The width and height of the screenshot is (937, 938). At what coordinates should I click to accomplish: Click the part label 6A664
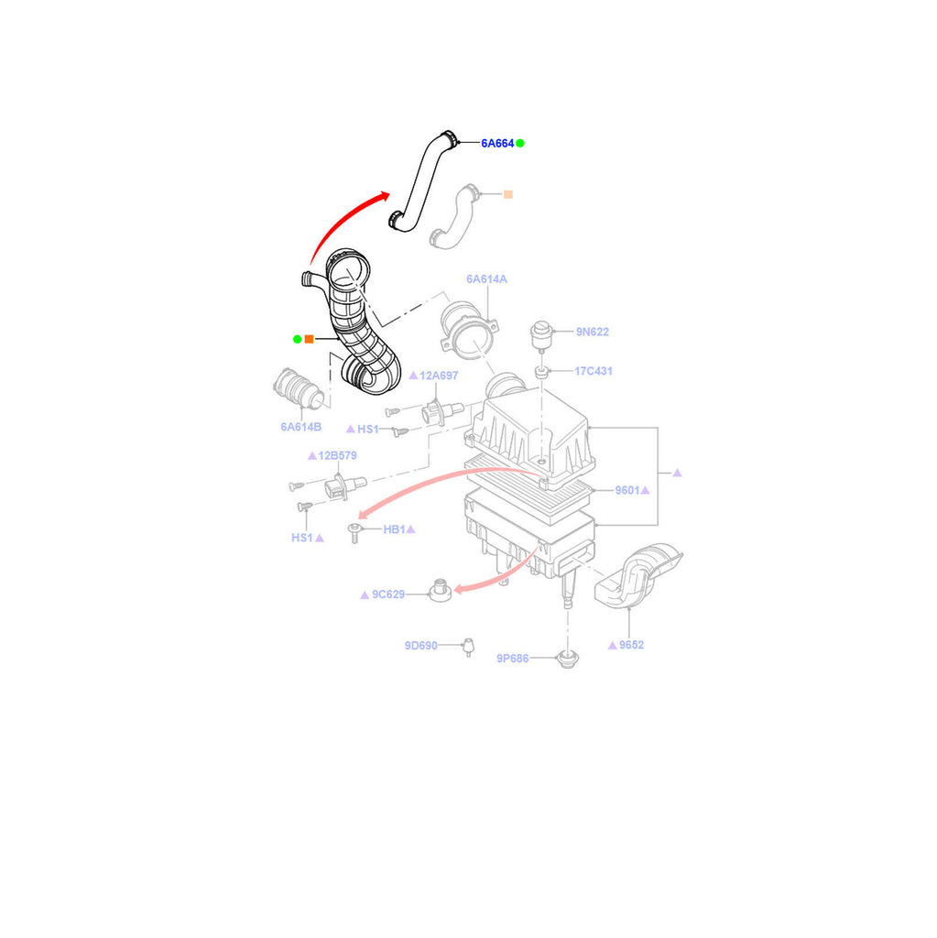click(x=497, y=143)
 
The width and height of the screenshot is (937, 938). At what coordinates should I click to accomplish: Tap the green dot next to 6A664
click(x=520, y=143)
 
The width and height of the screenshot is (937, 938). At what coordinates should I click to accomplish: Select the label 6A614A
click(x=486, y=278)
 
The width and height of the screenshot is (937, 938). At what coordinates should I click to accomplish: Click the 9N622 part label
click(x=593, y=332)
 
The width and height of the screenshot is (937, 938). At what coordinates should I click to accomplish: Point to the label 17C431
click(x=594, y=371)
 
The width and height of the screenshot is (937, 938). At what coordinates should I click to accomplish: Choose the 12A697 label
click(x=440, y=376)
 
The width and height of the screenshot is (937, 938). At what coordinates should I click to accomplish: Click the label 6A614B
click(x=300, y=427)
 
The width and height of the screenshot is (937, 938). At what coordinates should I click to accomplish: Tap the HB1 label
click(x=395, y=529)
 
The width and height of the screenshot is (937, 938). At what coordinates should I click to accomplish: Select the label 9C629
click(x=387, y=594)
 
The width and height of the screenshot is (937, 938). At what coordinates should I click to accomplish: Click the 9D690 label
click(x=420, y=645)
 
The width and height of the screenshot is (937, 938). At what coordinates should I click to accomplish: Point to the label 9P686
click(x=513, y=658)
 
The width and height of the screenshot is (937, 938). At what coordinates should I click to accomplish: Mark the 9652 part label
click(x=631, y=645)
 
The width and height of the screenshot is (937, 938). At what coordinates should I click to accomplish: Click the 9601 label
click(x=627, y=490)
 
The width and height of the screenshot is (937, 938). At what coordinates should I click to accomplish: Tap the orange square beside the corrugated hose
click(x=309, y=339)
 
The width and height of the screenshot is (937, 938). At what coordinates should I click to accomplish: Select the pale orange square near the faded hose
click(x=508, y=194)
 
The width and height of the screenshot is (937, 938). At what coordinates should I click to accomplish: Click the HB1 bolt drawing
click(x=353, y=533)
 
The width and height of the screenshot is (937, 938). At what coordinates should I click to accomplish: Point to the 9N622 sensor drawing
click(x=543, y=334)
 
